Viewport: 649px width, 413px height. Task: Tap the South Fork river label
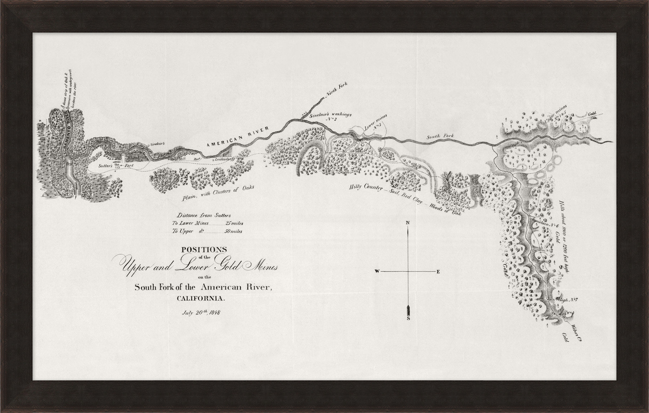click(x=440, y=136)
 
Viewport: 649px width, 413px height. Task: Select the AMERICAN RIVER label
click(x=238, y=137)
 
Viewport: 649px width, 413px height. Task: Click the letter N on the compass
click(x=408, y=223)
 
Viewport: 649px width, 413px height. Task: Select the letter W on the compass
click(x=376, y=271)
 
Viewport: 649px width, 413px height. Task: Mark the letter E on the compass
click(x=438, y=271)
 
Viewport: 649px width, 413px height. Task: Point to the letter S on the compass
click(x=408, y=318)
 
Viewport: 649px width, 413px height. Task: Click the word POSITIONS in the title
click(x=204, y=249)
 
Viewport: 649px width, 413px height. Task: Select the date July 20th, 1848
click(x=201, y=313)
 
